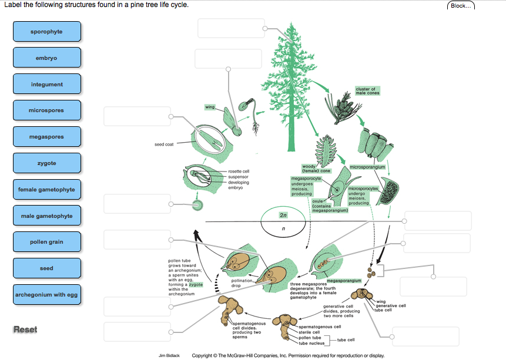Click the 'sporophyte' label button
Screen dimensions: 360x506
(46, 32)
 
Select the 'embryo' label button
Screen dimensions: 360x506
(46, 58)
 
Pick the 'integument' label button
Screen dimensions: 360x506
(46, 85)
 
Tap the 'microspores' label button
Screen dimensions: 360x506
(46, 110)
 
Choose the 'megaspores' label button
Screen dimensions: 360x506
(46, 137)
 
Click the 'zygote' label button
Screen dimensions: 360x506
(46, 163)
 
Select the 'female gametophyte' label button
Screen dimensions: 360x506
(46, 190)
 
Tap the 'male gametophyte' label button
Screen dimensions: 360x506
(46, 216)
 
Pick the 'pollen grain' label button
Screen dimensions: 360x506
(46, 242)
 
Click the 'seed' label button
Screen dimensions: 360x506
(46, 268)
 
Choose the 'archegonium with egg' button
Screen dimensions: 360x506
(46, 294)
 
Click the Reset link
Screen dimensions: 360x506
(25, 329)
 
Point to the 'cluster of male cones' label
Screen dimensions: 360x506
(367, 91)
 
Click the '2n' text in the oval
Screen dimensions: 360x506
(284, 215)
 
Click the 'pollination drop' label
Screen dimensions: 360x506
(242, 283)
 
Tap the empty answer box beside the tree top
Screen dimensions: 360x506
(231, 28)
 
